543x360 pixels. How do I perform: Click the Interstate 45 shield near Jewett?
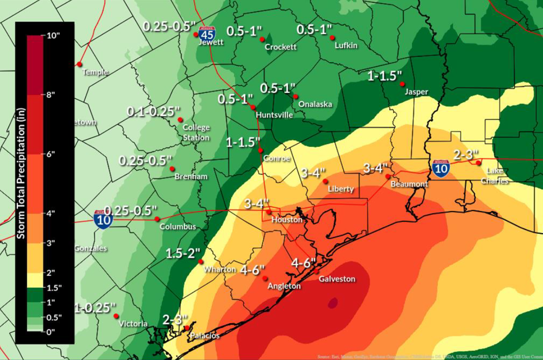(x=207, y=33)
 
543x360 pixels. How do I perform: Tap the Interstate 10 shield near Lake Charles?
(x=441, y=168)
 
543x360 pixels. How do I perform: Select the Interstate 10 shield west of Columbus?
(x=103, y=219)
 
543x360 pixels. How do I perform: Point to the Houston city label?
(x=287, y=220)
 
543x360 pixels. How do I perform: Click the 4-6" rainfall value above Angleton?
(x=252, y=270)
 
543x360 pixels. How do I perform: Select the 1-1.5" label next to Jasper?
(x=384, y=76)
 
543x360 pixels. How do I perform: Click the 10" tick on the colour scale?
(x=53, y=35)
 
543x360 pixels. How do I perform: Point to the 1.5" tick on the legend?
(x=53, y=287)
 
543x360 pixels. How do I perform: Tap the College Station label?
(x=196, y=133)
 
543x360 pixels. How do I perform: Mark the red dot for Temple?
(x=79, y=64)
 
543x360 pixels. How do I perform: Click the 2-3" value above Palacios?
(x=175, y=320)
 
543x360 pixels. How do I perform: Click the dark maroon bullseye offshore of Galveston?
(x=332, y=303)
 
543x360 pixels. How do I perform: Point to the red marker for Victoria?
(x=116, y=316)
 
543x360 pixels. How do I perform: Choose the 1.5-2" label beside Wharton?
(x=183, y=253)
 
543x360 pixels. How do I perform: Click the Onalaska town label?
(x=315, y=104)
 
